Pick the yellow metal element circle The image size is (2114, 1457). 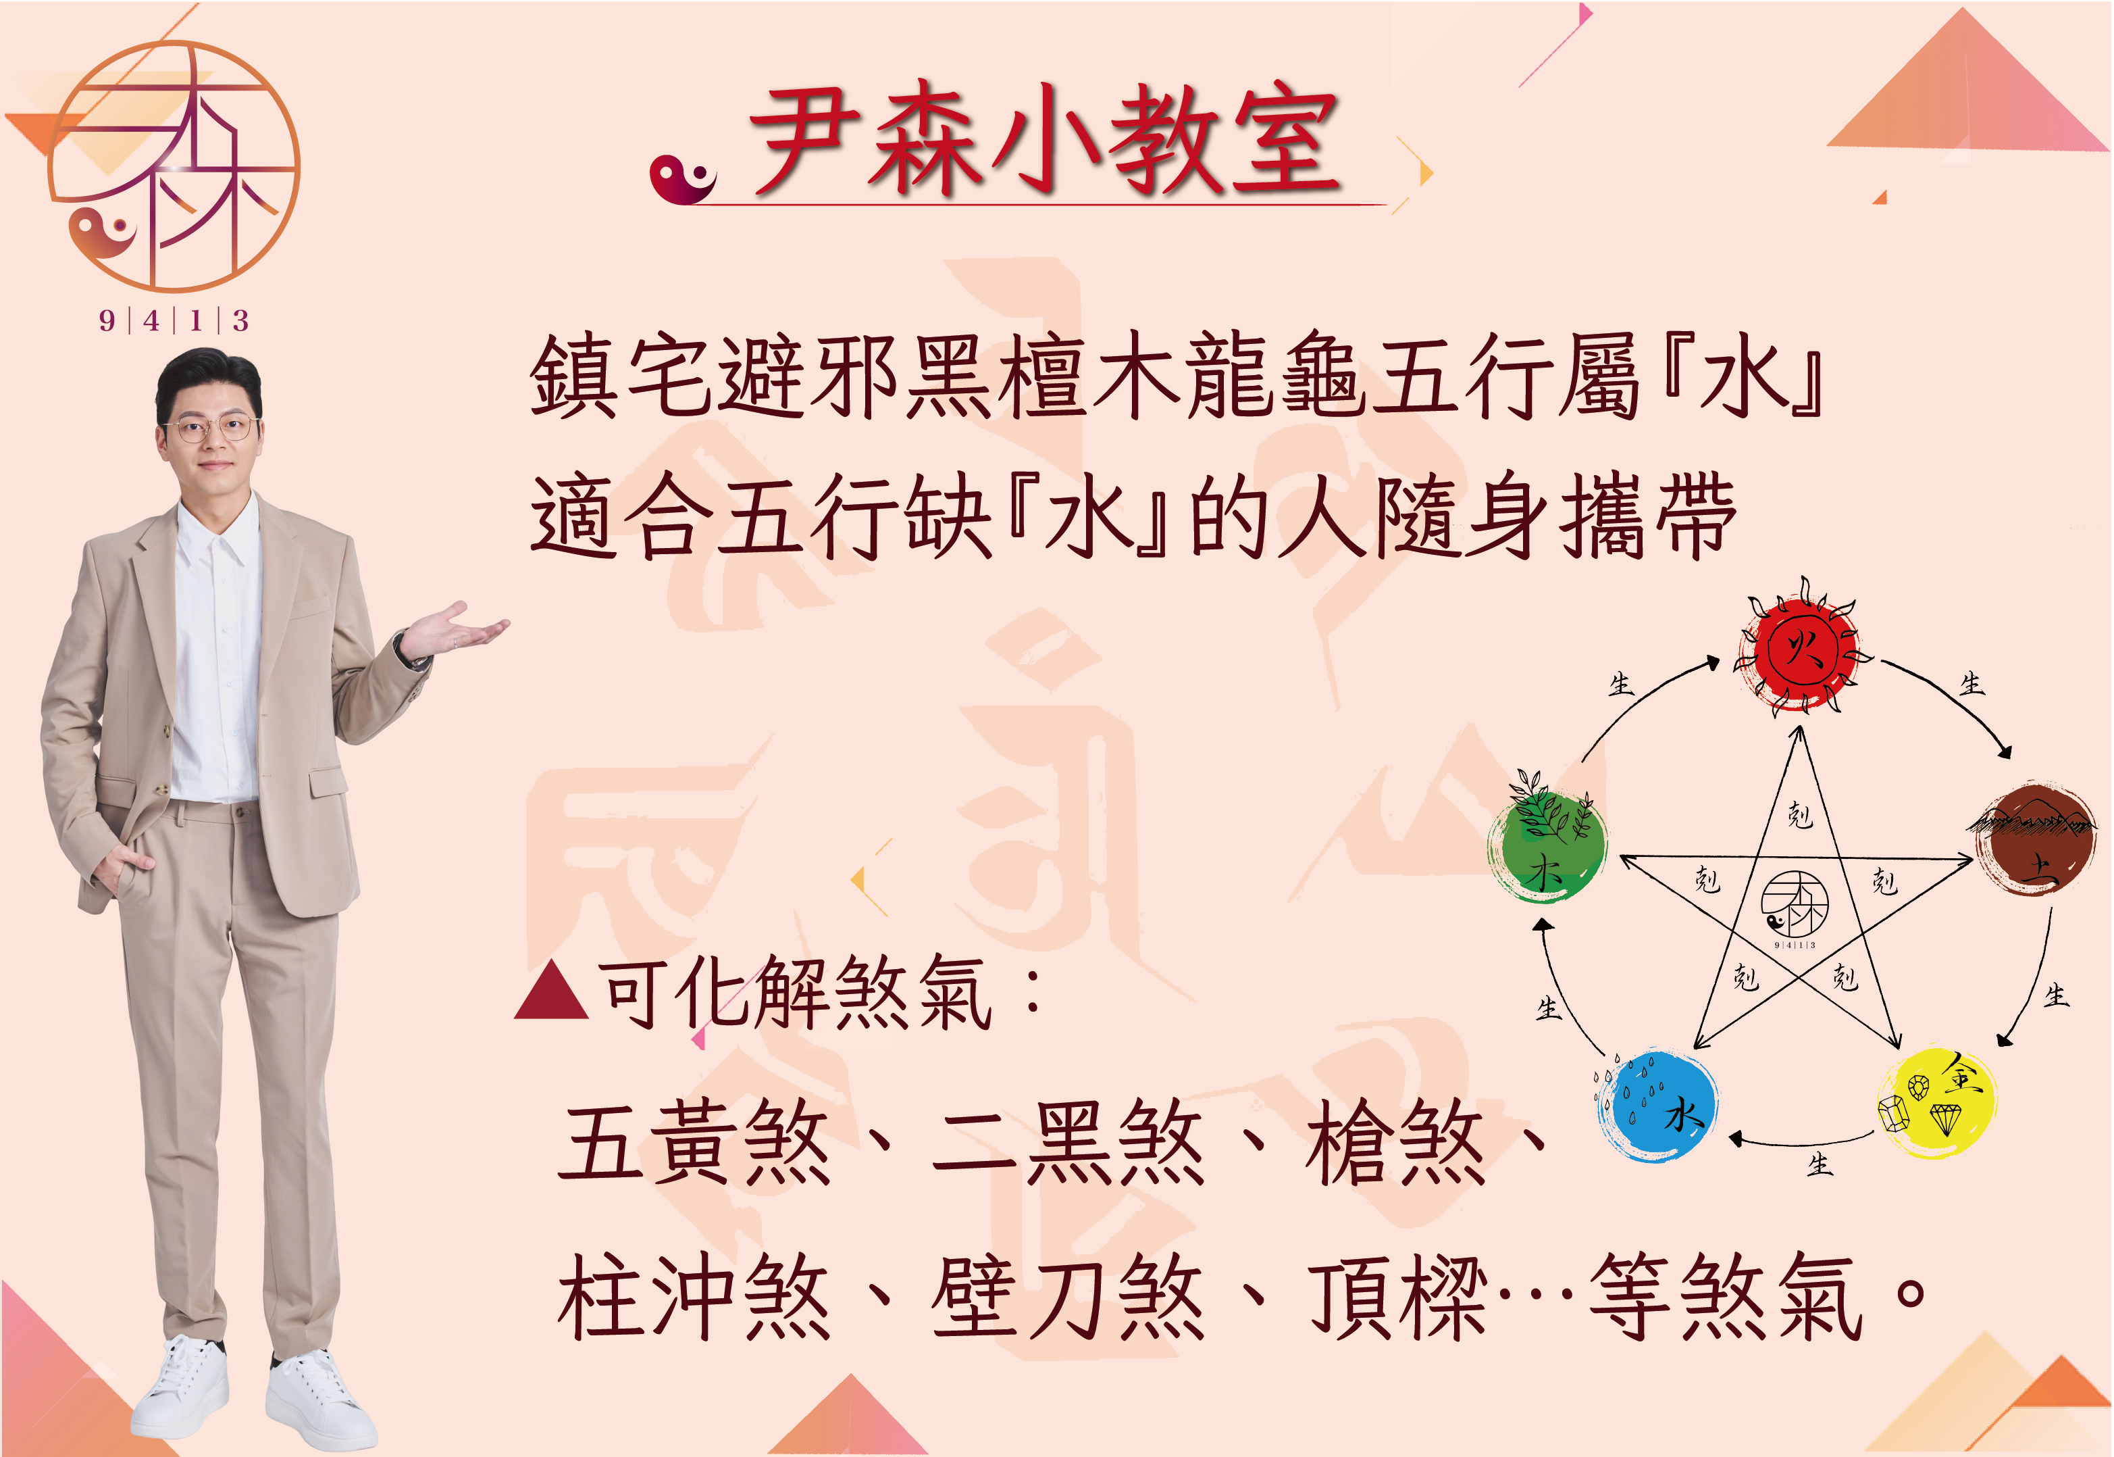[1937, 1103]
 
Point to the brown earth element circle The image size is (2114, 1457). [2034, 839]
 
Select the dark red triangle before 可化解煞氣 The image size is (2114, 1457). [551, 991]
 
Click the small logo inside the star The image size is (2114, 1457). [1794, 906]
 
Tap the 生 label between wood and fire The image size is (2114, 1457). [1620, 685]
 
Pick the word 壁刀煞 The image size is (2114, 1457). [1068, 1296]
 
